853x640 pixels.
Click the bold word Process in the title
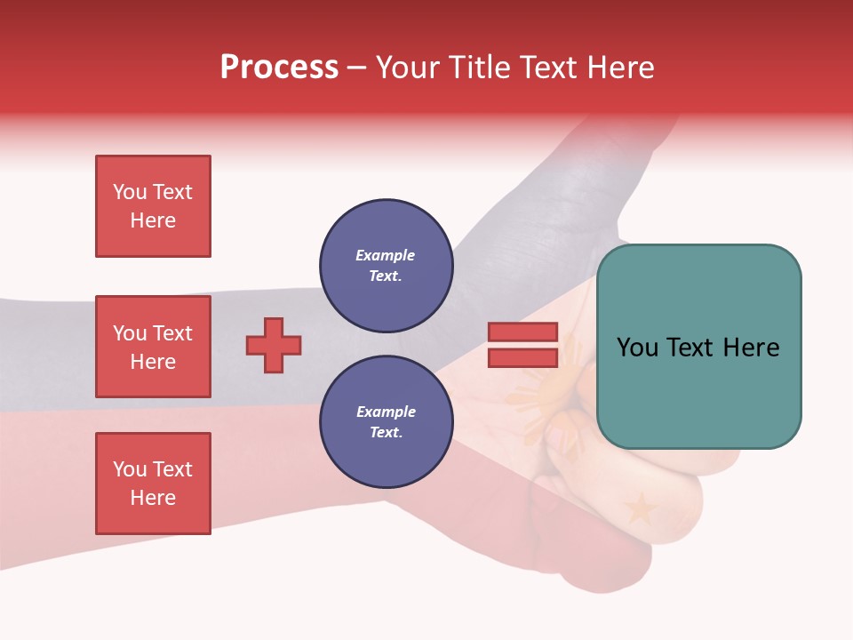(279, 68)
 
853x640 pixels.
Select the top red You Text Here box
(153, 206)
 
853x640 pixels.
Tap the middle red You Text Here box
(153, 347)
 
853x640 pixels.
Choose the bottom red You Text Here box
(153, 484)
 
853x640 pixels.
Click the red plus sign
(274, 345)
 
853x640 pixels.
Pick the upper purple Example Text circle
(386, 266)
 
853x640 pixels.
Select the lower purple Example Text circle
(386, 422)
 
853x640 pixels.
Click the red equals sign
(522, 345)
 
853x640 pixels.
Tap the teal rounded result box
(698, 347)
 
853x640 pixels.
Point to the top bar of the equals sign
(522, 332)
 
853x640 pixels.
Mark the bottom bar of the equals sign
(522, 358)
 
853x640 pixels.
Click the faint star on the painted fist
(640, 509)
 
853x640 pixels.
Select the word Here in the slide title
(620, 68)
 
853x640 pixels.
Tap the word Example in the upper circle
(386, 256)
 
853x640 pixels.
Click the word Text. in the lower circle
(386, 433)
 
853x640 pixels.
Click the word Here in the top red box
(153, 220)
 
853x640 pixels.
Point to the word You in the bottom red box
(130, 469)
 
